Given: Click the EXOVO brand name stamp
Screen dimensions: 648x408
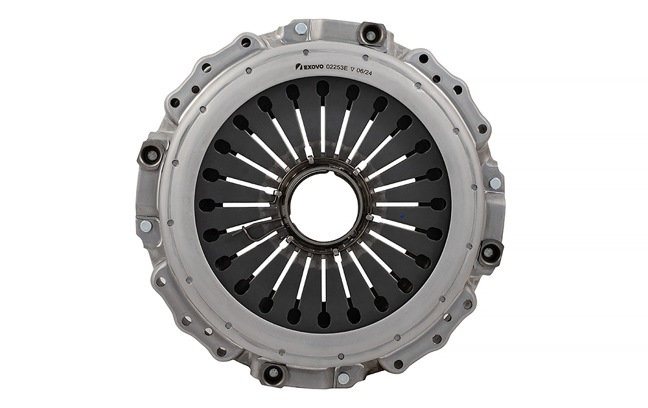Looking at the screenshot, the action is [314, 67].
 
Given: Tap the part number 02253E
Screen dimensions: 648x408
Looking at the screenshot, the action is [337, 67].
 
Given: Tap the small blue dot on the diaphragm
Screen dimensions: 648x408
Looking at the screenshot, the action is [402, 216].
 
